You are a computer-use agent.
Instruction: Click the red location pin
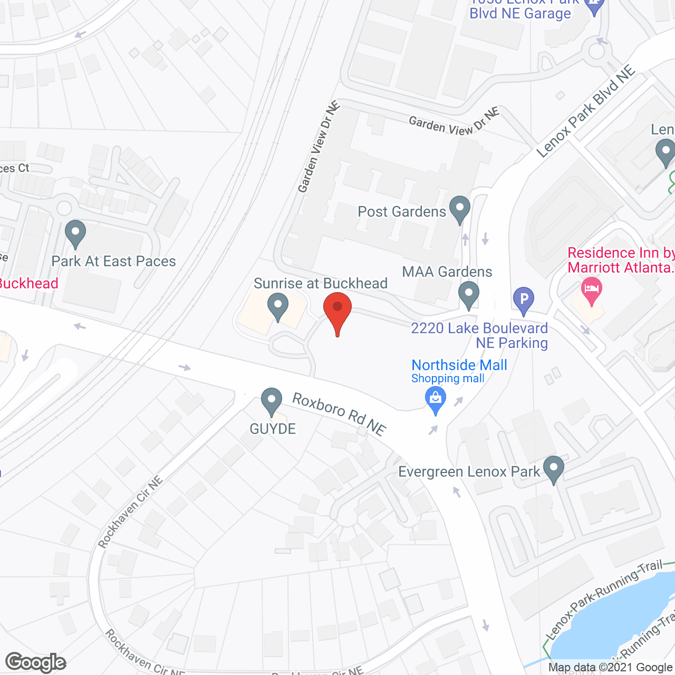[x=337, y=311]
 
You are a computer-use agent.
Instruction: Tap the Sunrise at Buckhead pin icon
[x=277, y=306]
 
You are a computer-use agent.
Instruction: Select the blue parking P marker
[x=524, y=300]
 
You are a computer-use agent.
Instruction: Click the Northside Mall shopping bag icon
[x=436, y=399]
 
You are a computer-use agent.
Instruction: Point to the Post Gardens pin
[x=460, y=209]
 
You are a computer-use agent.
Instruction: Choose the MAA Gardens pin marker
[x=468, y=294]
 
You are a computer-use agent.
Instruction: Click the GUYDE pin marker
[x=272, y=401]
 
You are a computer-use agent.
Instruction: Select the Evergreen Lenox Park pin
[x=553, y=468]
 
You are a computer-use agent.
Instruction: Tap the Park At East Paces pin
[x=75, y=233]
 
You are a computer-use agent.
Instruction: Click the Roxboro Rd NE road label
[x=339, y=413]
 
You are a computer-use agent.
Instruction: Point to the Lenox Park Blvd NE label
[x=585, y=112]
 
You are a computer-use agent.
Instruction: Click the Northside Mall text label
[x=459, y=365]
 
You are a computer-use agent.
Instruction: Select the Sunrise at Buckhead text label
[x=321, y=283]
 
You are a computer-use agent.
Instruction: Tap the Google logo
[x=35, y=662]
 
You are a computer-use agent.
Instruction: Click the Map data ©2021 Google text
[x=611, y=668]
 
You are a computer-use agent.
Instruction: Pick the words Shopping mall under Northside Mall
[x=448, y=379]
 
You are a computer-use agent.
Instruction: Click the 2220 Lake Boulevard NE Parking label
[x=479, y=335]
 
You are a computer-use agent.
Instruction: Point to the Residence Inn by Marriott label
[x=621, y=260]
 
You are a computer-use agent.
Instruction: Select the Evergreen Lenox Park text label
[x=469, y=471]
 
